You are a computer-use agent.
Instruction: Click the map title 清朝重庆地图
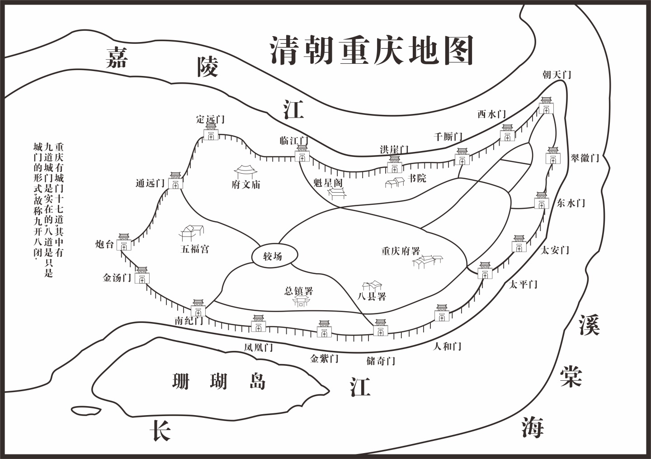372,50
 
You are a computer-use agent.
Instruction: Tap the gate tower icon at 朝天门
546,106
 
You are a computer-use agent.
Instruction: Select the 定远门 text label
210,119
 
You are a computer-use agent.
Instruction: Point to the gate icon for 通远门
175,180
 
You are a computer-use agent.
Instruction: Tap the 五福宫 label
195,249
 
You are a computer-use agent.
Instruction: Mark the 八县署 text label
372,297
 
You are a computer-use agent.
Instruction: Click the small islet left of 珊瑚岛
86,410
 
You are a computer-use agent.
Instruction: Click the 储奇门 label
381,361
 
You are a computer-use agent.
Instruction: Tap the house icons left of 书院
394,182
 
